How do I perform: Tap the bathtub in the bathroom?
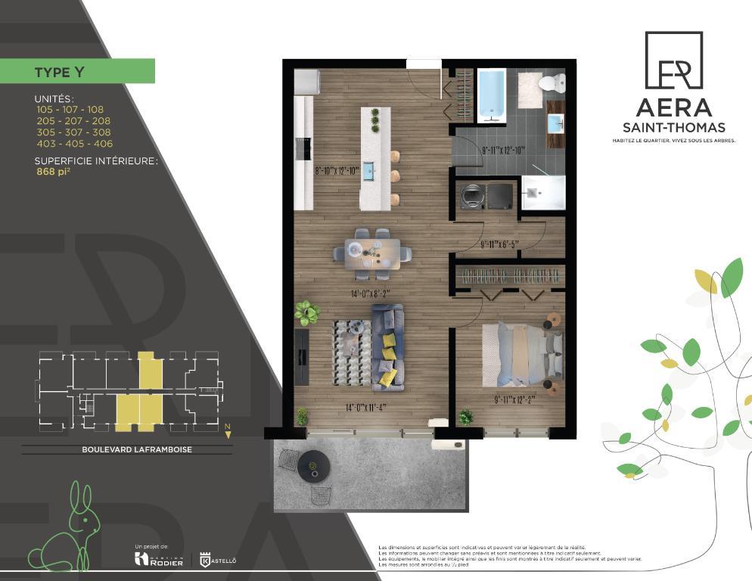pyautogui.click(x=492, y=95)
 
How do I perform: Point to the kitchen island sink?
pyautogui.click(x=369, y=172)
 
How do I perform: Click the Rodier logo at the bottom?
pyautogui.click(x=158, y=559)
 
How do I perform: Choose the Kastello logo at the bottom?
pyautogui.click(x=219, y=560)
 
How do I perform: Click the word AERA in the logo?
pyautogui.click(x=673, y=107)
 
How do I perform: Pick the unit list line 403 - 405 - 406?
pyautogui.click(x=74, y=144)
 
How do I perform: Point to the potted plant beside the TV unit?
pyautogui.click(x=307, y=311)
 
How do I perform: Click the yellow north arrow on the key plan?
pyautogui.click(x=228, y=433)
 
